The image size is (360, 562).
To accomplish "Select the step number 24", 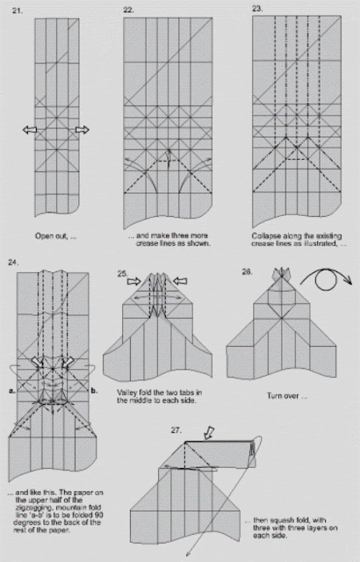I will pos(13,263).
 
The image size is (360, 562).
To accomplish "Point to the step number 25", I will pos(122,274).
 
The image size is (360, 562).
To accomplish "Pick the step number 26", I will pos(247,273).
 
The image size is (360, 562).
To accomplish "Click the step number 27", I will pos(176,430).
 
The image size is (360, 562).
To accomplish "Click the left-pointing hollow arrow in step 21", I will pos(30,130).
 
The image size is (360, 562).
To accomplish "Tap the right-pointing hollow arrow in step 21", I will pos(82,130).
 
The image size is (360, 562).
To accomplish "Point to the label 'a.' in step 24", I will pos(10,388).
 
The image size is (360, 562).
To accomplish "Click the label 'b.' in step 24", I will pos(94,388).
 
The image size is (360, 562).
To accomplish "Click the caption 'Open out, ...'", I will pos(55,236).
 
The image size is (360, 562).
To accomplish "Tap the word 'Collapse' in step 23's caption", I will pos(267,235).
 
